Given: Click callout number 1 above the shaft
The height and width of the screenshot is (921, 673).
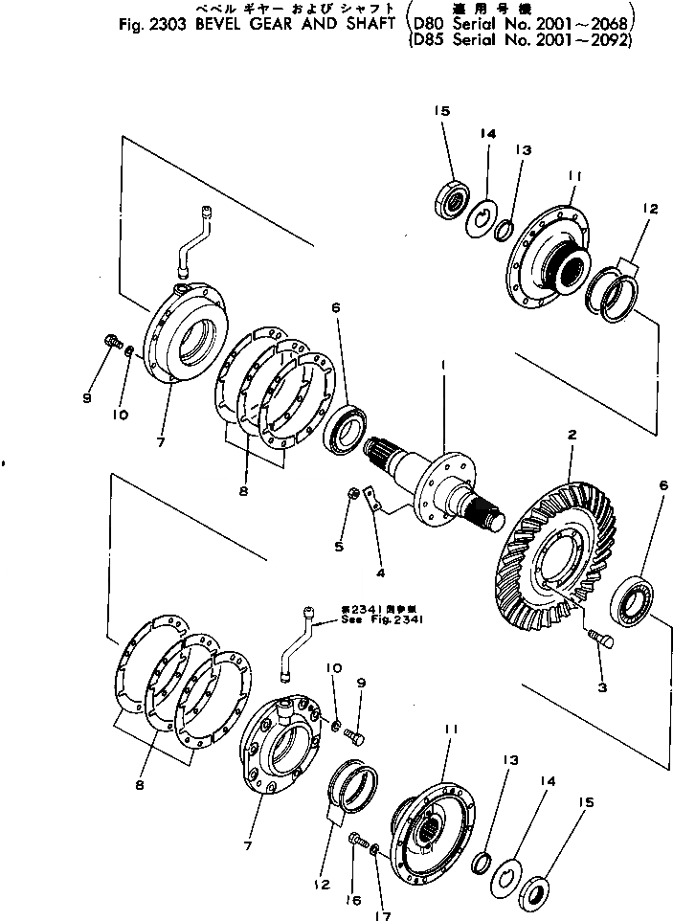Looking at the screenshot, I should [x=443, y=365].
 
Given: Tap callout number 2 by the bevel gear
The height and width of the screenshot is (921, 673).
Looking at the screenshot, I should [x=571, y=435].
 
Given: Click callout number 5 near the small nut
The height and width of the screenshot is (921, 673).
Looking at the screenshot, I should [x=338, y=547].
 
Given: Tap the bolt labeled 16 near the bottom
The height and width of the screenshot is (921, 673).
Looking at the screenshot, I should [x=358, y=840].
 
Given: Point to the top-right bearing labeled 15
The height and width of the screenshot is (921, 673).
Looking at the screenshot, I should [x=452, y=201].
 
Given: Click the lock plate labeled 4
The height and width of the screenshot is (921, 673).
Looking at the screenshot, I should [x=378, y=505].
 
